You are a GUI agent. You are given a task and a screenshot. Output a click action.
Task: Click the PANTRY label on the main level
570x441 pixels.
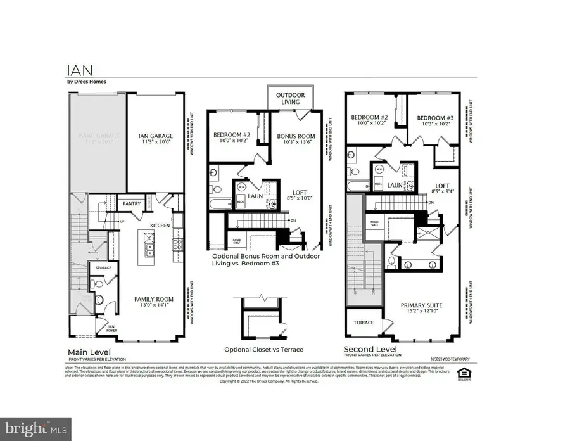coord(131,204)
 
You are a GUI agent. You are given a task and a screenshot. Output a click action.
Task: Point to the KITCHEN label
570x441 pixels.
coord(160,226)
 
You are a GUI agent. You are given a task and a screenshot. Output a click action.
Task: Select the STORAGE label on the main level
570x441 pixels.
coord(103,268)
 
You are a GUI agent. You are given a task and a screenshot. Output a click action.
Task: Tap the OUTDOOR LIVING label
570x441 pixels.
coord(289,99)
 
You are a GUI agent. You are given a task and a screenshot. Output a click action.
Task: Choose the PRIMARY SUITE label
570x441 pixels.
coord(421,306)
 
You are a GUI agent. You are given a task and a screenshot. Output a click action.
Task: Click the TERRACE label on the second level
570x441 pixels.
coord(364,323)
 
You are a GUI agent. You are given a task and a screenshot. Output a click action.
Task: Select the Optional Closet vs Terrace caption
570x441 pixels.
coord(264,350)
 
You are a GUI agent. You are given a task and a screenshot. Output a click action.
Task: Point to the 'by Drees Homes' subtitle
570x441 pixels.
coord(87,81)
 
